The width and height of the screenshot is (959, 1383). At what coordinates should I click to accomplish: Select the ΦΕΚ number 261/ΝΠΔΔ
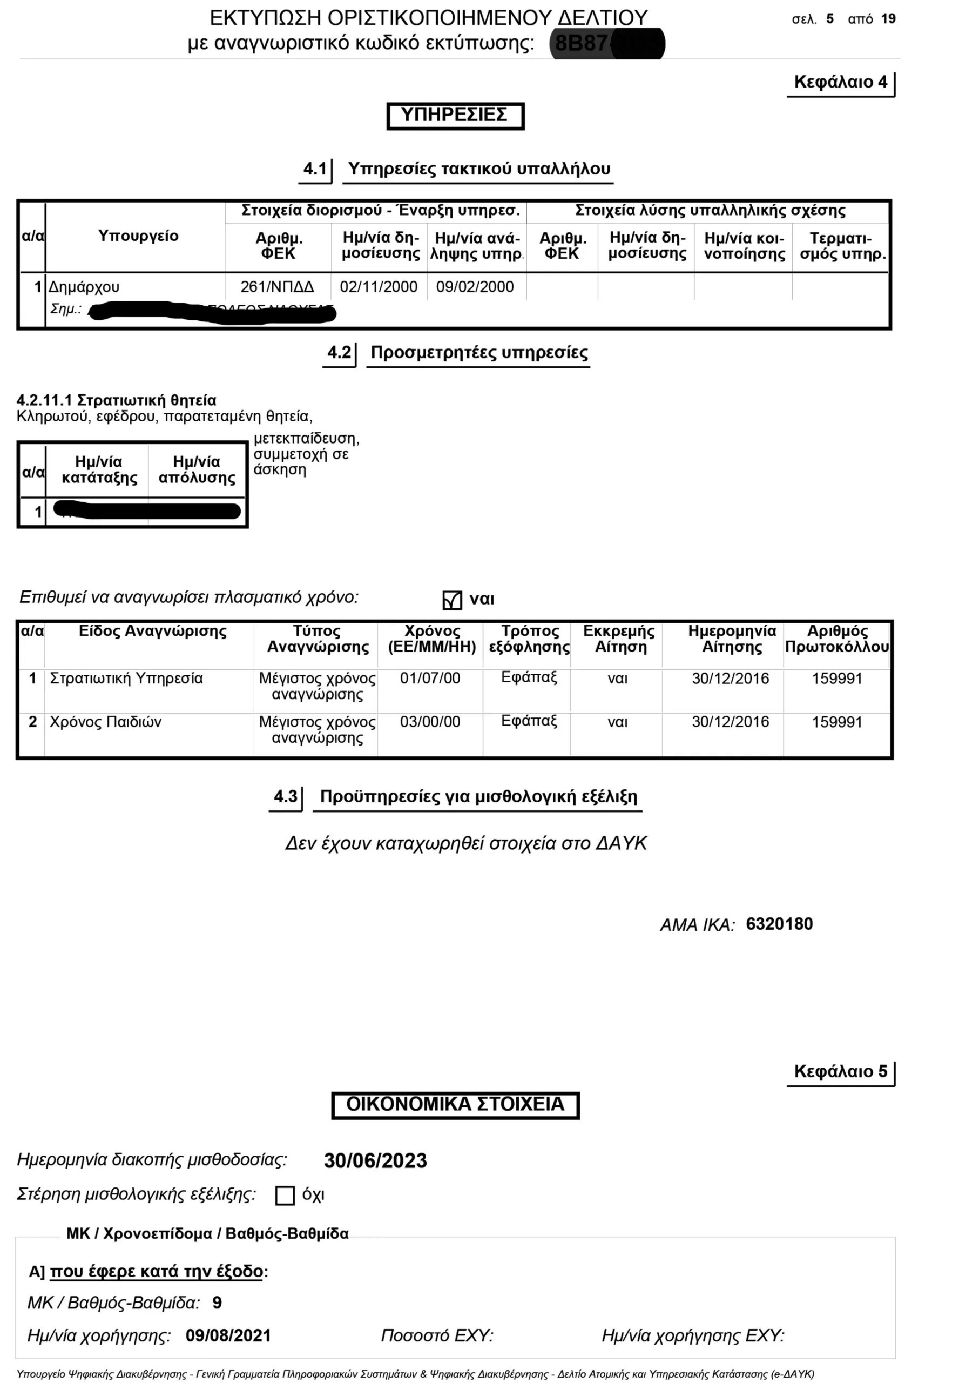point(277,287)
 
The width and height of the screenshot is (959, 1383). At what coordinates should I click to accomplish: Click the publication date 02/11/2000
point(379,287)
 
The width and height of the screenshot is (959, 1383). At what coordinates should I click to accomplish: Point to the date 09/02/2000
point(475,287)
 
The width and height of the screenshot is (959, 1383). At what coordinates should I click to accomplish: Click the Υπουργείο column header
point(138,236)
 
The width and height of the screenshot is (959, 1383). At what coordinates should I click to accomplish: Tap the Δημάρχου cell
point(84,287)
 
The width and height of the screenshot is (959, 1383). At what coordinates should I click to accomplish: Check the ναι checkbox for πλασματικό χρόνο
point(452,600)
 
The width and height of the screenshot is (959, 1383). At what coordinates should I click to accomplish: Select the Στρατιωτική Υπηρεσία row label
point(126,679)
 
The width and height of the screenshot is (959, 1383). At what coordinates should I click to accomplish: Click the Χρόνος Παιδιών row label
point(105,722)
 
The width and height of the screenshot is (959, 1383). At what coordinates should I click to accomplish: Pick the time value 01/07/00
point(430,679)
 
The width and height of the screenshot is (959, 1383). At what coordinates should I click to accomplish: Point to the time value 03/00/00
point(430,722)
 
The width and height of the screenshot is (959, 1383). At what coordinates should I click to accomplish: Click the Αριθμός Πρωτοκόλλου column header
point(836,639)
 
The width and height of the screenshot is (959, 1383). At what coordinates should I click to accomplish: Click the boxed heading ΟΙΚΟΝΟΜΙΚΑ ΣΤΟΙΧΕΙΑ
point(455,1104)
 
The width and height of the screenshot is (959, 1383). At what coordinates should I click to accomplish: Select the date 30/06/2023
point(375,1160)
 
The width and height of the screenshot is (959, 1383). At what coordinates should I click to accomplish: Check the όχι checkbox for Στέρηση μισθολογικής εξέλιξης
point(285,1196)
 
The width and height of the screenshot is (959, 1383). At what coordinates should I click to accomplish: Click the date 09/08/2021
point(228,1335)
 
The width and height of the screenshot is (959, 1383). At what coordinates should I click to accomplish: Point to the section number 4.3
point(286,796)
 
